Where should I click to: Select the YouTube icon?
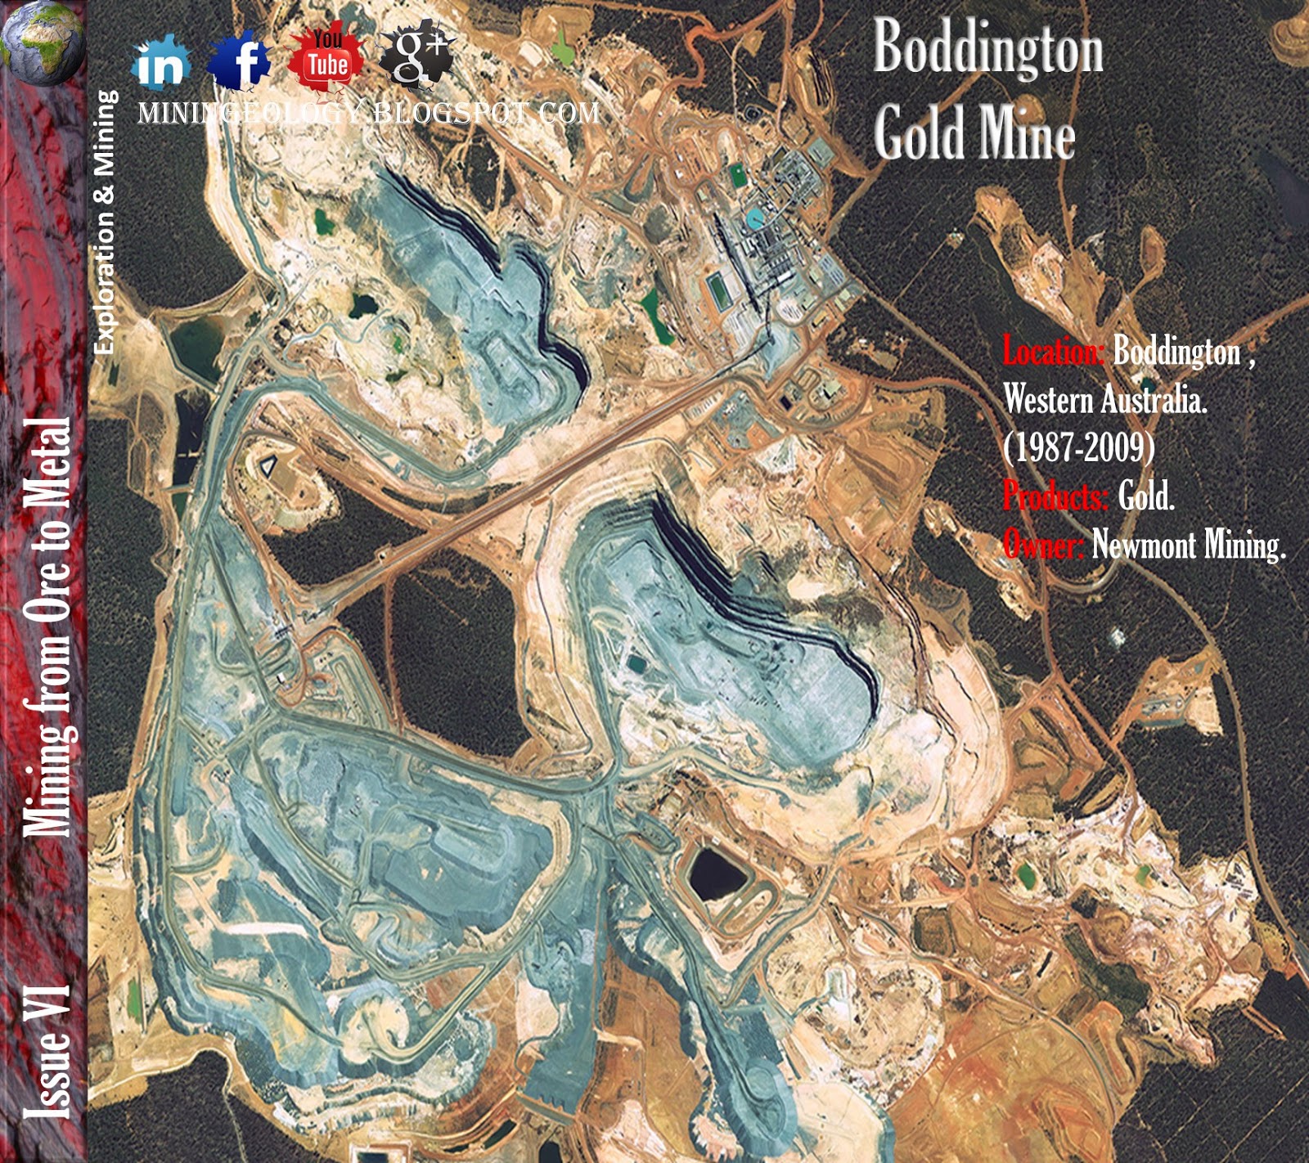(x=326, y=58)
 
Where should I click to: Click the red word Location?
(x=1054, y=352)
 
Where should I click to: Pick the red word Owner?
(x=1044, y=544)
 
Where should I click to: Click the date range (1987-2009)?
(x=1079, y=447)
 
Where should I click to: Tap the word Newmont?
(x=1144, y=544)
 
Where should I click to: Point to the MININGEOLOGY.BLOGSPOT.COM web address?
(x=368, y=113)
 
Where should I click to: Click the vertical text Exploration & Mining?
(x=104, y=222)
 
